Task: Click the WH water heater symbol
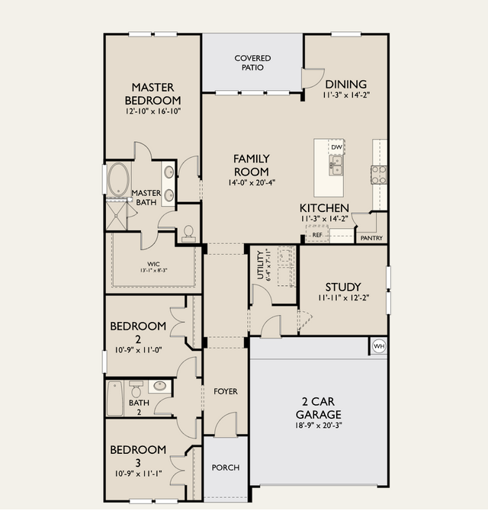(x=379, y=346)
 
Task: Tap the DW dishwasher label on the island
(x=336, y=147)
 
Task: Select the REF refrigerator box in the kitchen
(x=317, y=234)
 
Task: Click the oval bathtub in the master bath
(x=119, y=179)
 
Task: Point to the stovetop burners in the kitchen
(x=379, y=175)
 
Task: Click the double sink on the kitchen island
(x=335, y=165)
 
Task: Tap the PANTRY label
(x=371, y=238)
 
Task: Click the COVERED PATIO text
(x=252, y=63)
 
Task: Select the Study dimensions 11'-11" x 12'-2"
(x=344, y=297)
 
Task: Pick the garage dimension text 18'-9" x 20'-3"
(x=319, y=426)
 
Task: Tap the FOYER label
(x=226, y=391)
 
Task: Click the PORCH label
(x=226, y=468)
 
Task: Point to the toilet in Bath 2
(x=136, y=388)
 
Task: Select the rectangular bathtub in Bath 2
(x=115, y=399)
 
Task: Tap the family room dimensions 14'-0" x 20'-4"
(x=252, y=183)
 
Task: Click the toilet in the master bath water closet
(x=188, y=234)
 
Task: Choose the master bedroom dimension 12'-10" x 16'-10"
(x=153, y=111)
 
